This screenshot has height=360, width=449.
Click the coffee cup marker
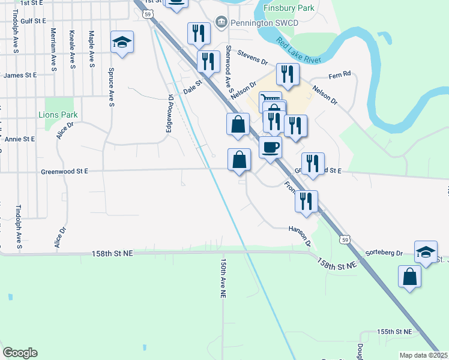(x=271, y=146)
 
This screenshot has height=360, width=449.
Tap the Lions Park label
(x=58, y=115)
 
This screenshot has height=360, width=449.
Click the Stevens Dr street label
(x=252, y=58)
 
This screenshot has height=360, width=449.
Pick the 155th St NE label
(x=395, y=332)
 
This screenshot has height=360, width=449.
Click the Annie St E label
(x=20, y=139)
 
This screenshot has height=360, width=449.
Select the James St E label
(x=20, y=75)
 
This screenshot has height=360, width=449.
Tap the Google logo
(x=20, y=352)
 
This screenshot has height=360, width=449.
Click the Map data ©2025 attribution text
(x=424, y=355)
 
